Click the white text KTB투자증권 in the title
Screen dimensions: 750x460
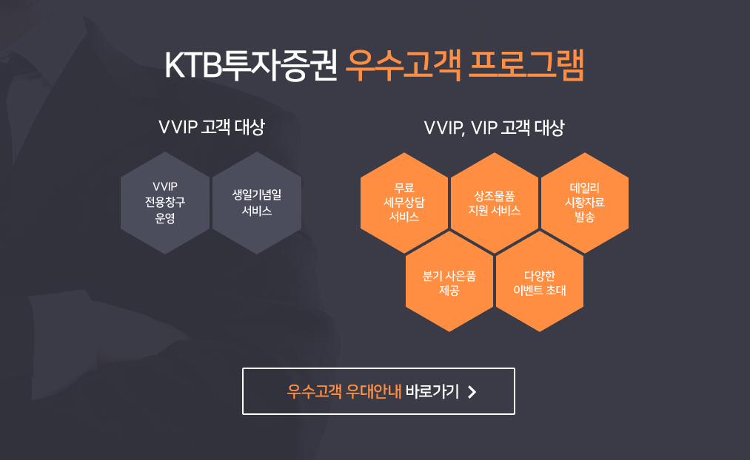(251, 65)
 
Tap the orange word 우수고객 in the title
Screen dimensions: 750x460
(404, 65)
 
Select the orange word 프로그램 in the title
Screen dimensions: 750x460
(526, 65)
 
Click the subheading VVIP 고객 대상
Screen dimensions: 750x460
(212, 127)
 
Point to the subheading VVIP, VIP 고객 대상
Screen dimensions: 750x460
(494, 127)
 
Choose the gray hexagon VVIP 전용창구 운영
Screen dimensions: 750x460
(165, 203)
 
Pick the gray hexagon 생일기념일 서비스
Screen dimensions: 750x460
(257, 203)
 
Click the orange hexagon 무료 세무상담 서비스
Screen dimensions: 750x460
(404, 203)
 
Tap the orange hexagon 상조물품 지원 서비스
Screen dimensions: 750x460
(495, 203)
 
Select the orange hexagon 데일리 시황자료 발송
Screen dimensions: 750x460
(584, 203)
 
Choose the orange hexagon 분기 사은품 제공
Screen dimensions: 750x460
(449, 281)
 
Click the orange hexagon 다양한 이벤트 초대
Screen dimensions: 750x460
(540, 281)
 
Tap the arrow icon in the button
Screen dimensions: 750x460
(472, 392)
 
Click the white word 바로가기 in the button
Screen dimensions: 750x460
(432, 391)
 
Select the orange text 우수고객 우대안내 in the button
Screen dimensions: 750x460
(344, 391)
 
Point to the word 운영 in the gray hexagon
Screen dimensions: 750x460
(165, 218)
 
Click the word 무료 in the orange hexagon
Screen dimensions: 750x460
(404, 188)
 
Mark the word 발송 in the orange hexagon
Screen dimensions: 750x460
(584, 217)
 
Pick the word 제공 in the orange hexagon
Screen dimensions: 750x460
(449, 291)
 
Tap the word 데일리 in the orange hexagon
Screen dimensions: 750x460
(584, 188)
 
